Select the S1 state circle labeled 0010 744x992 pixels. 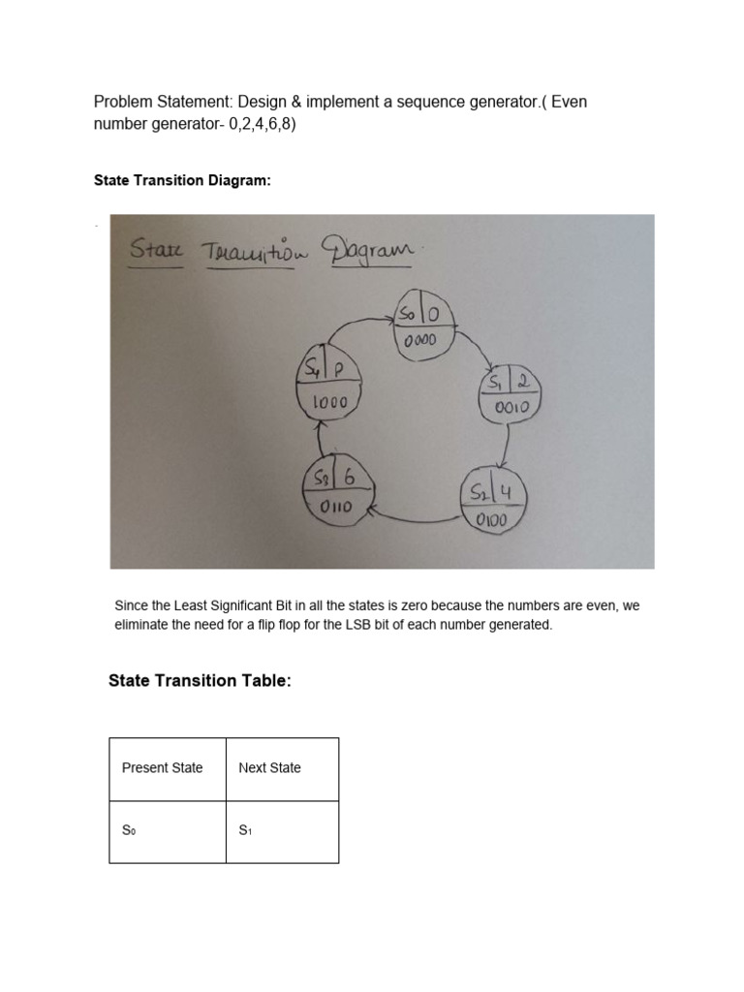[510, 395]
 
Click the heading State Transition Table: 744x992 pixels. [200, 682]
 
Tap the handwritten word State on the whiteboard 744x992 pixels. [154, 251]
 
